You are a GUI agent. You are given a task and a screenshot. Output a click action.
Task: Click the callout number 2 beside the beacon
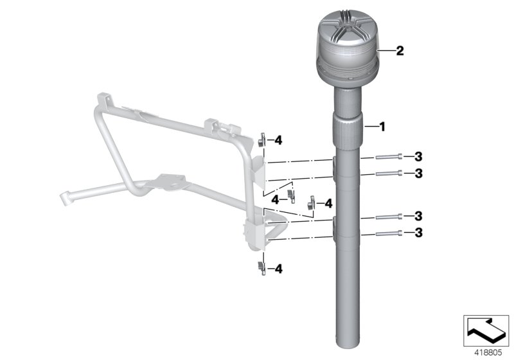coord(400,51)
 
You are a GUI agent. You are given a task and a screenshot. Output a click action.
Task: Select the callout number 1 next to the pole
coord(382,127)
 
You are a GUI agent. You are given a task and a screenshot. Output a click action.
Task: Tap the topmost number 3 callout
coord(418,157)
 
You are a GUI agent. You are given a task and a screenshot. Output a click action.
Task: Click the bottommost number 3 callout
coord(418,233)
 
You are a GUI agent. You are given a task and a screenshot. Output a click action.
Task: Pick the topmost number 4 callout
coord(278,141)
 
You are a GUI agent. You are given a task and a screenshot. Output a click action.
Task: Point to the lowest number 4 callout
coord(278,269)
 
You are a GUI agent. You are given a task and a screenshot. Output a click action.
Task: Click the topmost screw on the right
coord(389,157)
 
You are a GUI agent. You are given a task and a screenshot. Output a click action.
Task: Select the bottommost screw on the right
coord(389,233)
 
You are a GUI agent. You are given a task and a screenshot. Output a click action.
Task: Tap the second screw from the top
coord(389,173)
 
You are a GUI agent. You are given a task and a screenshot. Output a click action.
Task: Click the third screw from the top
coord(389,217)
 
